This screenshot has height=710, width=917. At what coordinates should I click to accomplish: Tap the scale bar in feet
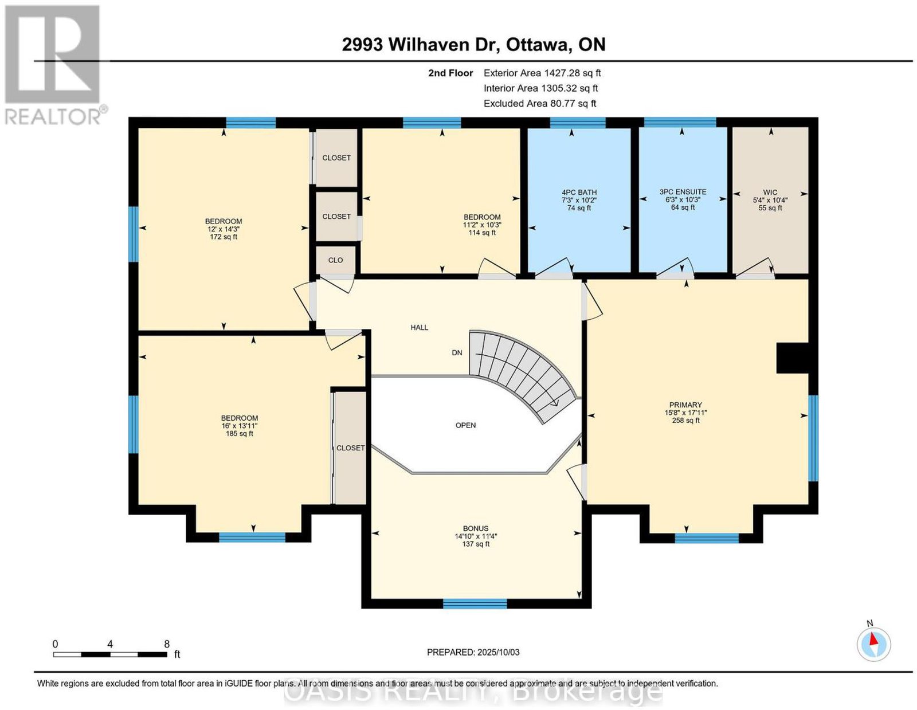109,655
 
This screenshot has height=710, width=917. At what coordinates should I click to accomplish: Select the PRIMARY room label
685,405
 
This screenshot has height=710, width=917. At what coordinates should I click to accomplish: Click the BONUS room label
476,528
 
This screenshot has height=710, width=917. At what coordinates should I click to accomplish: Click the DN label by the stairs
457,352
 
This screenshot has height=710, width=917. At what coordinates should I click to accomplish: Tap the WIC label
770,193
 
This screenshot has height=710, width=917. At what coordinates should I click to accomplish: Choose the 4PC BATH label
579,193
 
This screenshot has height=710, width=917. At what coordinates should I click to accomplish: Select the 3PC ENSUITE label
683,192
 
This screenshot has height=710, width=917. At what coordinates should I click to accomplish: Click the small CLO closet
336,260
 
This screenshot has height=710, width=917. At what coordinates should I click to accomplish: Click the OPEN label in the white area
465,425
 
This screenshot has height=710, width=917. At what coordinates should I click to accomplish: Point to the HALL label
420,327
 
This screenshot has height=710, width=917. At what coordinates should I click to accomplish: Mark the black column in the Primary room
793,358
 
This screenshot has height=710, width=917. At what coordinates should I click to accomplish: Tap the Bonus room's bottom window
475,603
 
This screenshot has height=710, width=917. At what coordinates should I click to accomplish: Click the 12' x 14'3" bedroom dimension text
224,229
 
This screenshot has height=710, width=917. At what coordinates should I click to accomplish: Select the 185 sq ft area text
239,434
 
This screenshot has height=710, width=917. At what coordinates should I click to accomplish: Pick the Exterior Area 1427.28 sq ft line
542,73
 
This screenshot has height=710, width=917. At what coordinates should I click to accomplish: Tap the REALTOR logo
55,65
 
